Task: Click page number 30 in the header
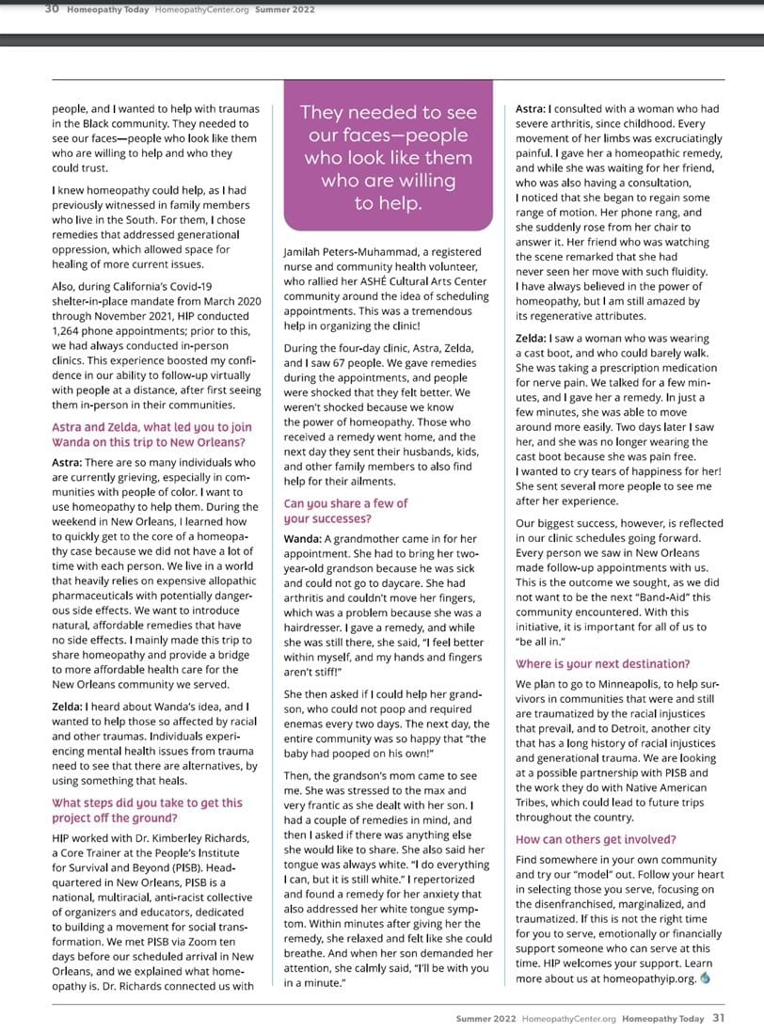pos(52,9)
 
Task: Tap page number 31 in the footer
pos(718,1018)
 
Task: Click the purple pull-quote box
pos(389,156)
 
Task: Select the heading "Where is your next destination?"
pos(602,663)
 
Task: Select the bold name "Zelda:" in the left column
pos(69,706)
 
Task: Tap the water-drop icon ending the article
pos(706,978)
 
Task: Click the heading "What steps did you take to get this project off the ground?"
pos(147,810)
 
